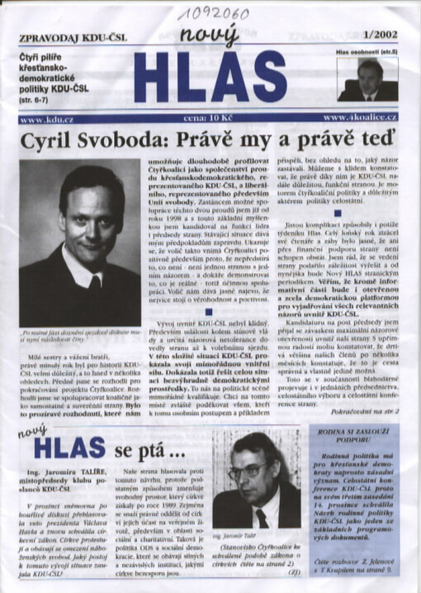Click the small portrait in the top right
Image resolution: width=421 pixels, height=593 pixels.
pyautogui.click(x=367, y=80)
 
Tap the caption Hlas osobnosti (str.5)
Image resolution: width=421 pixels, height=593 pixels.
pyautogui.click(x=366, y=52)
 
